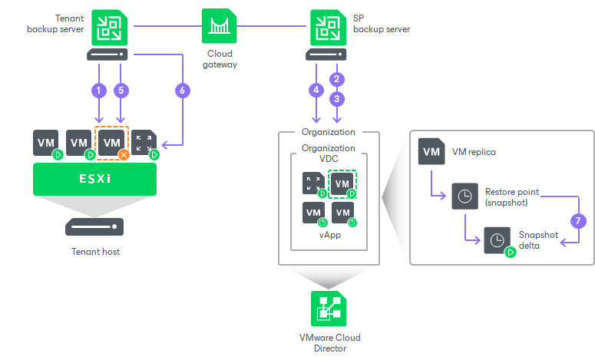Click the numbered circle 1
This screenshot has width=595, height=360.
click(98, 90)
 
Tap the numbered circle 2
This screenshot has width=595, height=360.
click(335, 79)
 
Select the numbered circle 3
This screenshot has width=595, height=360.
click(335, 99)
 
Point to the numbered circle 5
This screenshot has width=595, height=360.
click(121, 90)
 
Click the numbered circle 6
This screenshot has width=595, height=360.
click(181, 90)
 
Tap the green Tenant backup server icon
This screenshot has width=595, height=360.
click(107, 27)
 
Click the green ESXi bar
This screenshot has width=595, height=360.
click(94, 178)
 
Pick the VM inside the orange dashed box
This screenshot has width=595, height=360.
click(112, 143)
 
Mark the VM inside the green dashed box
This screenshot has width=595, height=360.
click(342, 183)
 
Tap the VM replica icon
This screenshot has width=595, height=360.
click(431, 151)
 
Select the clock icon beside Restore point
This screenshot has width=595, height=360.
click(464, 195)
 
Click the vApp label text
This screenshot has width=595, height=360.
click(329, 235)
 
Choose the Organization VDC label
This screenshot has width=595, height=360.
click(329, 154)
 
